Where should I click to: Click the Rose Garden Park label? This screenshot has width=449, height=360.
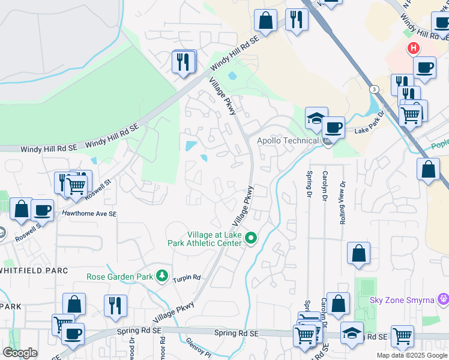point(120,277)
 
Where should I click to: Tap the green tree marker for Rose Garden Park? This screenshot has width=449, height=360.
point(161,276)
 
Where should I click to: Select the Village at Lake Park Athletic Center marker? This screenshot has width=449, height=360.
point(252,239)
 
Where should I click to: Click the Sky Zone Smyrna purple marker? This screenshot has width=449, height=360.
point(444,298)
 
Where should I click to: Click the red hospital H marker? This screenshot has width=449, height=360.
point(413,49)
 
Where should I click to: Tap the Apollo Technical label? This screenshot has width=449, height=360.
point(288,140)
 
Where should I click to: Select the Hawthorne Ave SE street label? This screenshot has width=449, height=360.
point(85,214)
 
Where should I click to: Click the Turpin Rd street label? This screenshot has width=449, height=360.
point(187,278)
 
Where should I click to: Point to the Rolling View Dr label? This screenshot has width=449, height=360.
point(343,203)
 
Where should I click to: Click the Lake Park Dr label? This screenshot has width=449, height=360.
point(369,130)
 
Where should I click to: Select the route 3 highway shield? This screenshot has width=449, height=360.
point(375,89)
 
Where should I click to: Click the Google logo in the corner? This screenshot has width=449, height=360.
point(20,353)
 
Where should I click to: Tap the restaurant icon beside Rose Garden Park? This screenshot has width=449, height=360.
point(115,305)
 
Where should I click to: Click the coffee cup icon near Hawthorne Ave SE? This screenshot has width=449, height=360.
point(42,210)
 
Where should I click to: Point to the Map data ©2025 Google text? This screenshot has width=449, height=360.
point(412,355)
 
